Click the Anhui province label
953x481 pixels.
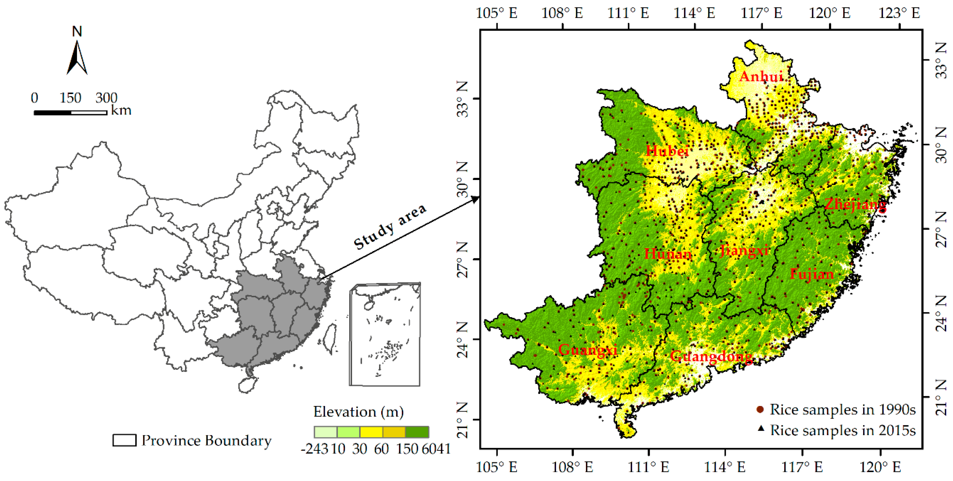(761, 77)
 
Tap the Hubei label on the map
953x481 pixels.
(667, 151)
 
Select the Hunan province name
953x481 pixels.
(668, 254)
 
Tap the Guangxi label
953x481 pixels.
(587, 349)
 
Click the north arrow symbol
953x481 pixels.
(77, 57)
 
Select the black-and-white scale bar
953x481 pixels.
(70, 113)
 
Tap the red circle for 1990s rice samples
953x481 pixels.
(760, 410)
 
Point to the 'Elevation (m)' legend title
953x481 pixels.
(358, 411)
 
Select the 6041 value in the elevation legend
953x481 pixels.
(436, 449)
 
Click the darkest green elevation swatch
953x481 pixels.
(417, 432)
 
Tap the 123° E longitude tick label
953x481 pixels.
(899, 13)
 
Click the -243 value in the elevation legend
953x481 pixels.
(314, 449)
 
